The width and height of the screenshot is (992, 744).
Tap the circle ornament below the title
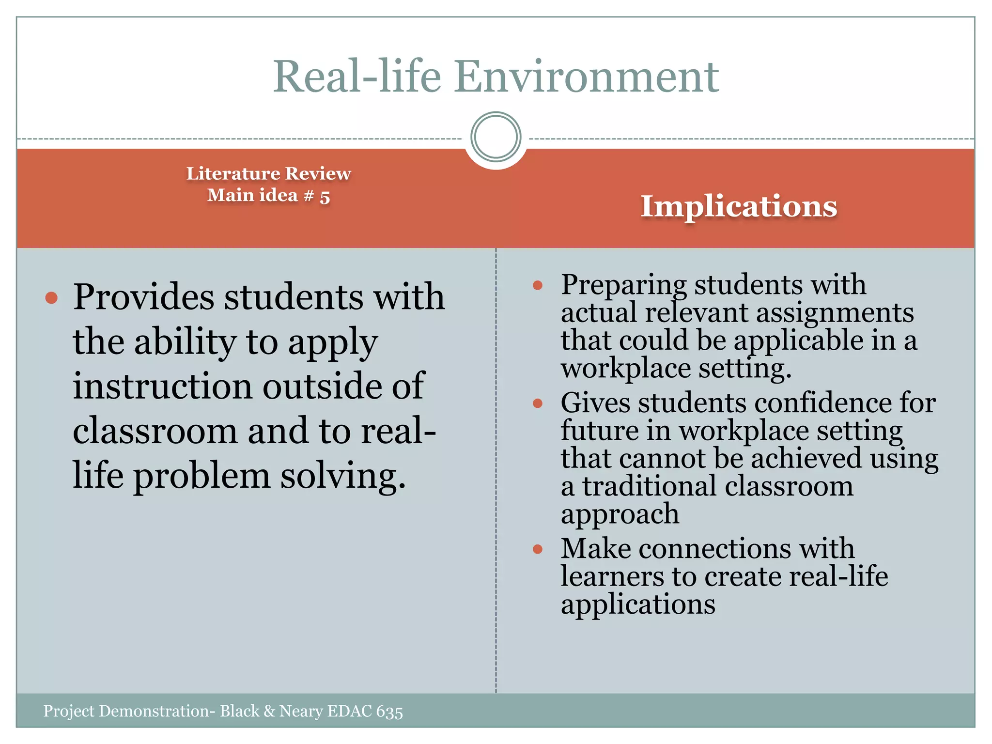tap(496, 137)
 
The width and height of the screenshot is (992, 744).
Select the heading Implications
tap(739, 206)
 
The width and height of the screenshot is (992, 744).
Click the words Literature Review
tap(268, 173)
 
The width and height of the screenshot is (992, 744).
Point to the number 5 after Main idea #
tap(325, 197)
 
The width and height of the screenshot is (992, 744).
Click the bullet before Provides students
tap(51, 297)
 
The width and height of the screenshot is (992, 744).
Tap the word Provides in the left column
tap(143, 297)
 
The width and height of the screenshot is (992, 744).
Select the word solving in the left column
tap(343, 476)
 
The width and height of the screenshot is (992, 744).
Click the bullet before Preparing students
tap(537, 285)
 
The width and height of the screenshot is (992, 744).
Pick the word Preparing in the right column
tap(623, 285)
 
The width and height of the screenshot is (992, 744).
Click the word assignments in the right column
tap(835, 312)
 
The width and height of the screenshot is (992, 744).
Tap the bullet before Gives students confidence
tap(537, 403)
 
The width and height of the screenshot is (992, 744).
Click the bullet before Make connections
tap(537, 549)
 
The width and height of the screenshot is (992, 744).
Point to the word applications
tap(638, 604)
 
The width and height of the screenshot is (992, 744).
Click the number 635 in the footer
tap(389, 712)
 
